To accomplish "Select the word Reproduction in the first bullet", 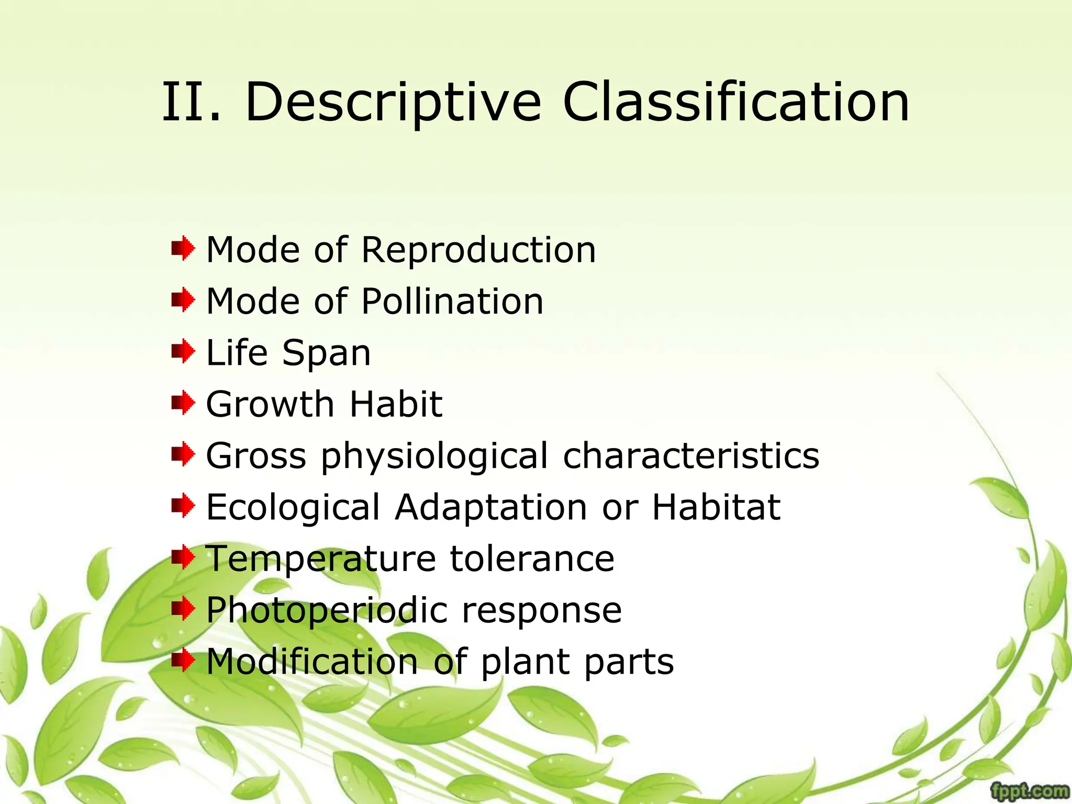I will point(478,250).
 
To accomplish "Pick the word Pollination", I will point(453,301).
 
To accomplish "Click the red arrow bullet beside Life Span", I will point(183,351).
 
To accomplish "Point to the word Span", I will point(326,353).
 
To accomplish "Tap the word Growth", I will point(270,404).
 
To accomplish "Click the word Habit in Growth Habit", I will point(396,404).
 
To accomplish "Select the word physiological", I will point(434,456).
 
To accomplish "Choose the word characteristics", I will point(691,455).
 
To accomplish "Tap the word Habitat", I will point(716,507).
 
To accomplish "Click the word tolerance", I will point(532,559).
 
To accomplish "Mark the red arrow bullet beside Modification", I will point(183,660).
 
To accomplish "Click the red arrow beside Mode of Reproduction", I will point(183,249).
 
